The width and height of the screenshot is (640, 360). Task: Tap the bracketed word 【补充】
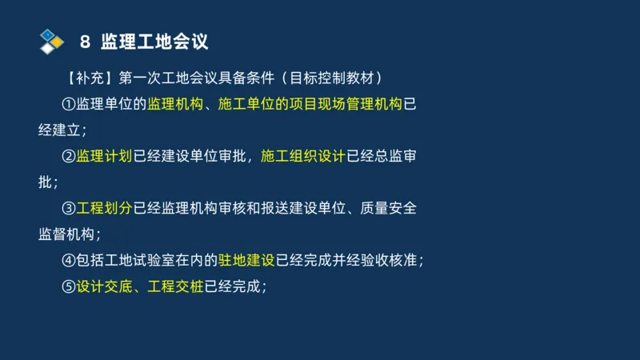[x=90, y=78]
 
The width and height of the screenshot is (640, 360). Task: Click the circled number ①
[x=70, y=105]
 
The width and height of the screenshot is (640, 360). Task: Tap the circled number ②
[x=70, y=157]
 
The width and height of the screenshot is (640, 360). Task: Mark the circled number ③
[x=70, y=209]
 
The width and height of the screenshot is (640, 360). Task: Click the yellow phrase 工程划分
[x=105, y=209]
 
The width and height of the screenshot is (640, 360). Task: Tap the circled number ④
[x=70, y=261]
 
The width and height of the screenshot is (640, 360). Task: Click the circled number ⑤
[x=70, y=286]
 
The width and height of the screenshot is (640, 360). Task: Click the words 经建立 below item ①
[x=61, y=130]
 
